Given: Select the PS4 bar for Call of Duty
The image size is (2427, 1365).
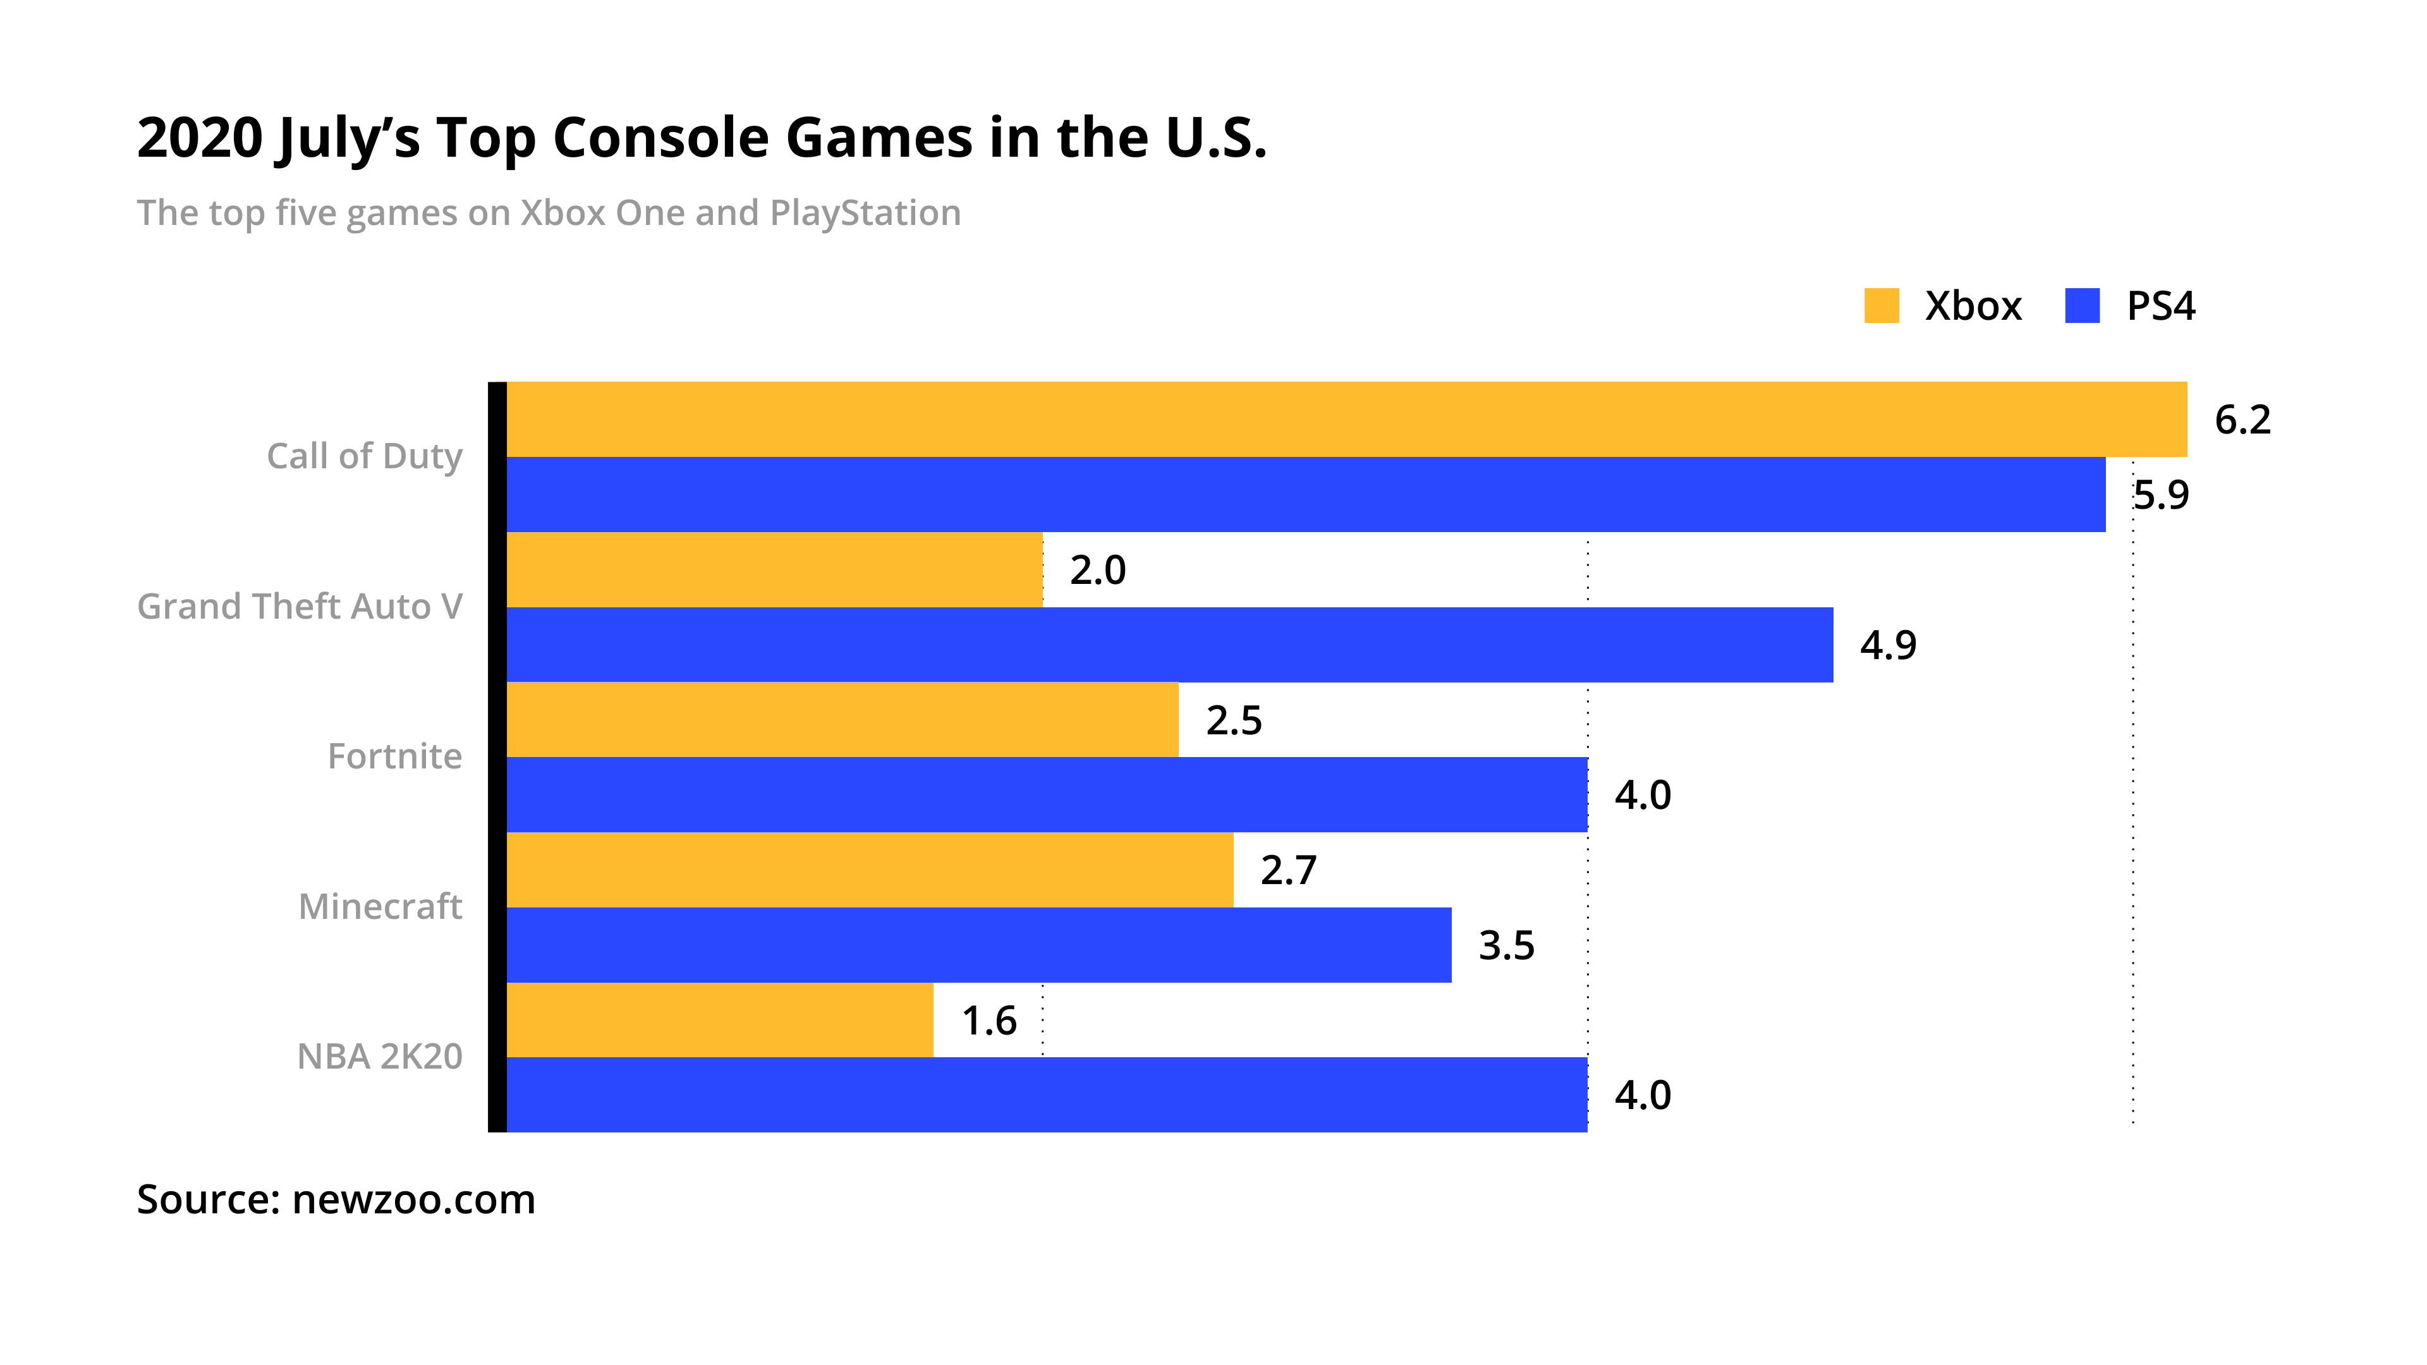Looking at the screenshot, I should coord(1305,495).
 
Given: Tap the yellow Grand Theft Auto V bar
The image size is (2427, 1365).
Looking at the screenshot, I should coord(774,570).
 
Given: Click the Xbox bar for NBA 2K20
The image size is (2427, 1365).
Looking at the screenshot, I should coord(720,1020).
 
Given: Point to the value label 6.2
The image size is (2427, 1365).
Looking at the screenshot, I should coord(2242,420).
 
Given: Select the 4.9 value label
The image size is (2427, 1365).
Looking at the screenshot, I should coord(1888,645).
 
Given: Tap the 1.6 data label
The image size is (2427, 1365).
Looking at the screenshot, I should coord(989,1021).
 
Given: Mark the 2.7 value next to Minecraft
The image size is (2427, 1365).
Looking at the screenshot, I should coord(1288,870).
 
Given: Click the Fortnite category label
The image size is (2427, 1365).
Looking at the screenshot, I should coord(395,756).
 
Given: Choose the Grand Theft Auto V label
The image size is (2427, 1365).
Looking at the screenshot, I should coord(300,607).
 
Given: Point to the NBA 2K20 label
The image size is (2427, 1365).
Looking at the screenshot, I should coord(380,1057).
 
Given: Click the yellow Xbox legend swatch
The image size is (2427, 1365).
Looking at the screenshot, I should coord(1882,306).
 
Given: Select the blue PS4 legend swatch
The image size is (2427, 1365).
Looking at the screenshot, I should coord(2082,306).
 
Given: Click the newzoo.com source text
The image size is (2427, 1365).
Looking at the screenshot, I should coord(413,1200).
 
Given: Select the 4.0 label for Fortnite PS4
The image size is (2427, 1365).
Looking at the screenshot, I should coord(1642,795).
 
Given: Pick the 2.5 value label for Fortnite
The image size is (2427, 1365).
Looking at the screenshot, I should coord(1233,720).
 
